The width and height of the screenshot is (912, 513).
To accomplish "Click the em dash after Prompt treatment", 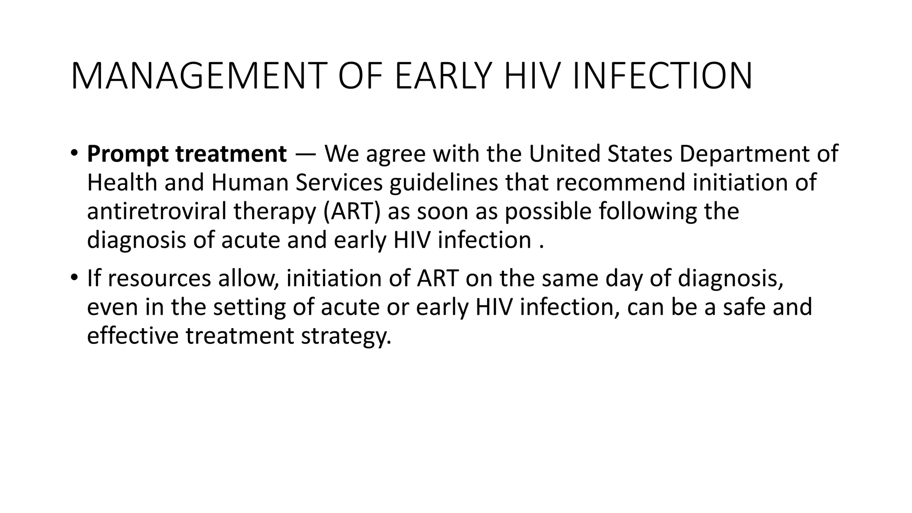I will (305, 155).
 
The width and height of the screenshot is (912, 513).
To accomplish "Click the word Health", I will (122, 183).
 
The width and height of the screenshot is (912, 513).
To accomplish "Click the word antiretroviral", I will (157, 211).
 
